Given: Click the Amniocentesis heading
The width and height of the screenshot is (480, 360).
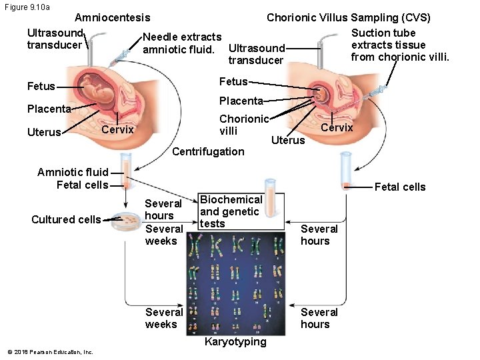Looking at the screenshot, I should point(112,17).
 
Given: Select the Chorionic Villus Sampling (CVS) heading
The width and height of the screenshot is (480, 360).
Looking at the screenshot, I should point(348,17).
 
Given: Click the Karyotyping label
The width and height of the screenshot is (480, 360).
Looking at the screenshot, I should point(235,342).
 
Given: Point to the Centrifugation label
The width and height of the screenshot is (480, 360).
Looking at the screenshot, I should point(208,151).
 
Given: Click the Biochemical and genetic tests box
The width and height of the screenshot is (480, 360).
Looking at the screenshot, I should point(231,212).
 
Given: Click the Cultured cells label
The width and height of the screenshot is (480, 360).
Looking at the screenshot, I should point(66,219).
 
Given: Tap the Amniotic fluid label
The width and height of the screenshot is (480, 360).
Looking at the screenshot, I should point(72,172).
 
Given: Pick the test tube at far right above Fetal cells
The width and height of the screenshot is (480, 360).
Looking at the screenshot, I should point(345,171).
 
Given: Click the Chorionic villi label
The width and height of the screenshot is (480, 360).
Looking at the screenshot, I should point(244,125).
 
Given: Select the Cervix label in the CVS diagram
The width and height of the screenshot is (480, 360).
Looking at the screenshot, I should point(337,127).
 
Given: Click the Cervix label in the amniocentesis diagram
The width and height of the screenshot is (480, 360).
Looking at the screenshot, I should point(117,129).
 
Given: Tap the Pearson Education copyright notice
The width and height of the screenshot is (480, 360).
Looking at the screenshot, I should point(50,352).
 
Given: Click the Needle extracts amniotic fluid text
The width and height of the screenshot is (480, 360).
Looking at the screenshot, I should point(181,43).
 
